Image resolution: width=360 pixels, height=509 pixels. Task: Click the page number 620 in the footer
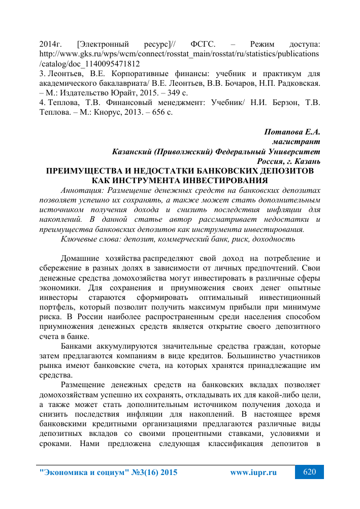coord(309,472)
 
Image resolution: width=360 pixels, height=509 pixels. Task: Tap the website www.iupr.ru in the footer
coord(253,473)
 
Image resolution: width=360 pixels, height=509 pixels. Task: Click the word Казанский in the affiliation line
coord(133,151)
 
